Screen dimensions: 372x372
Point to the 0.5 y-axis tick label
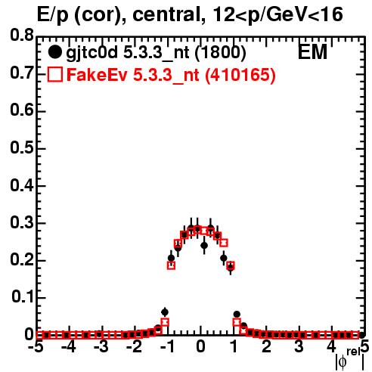22,147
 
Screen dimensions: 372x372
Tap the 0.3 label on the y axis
22,222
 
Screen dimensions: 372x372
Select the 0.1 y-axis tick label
23,297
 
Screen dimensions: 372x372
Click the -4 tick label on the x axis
68,347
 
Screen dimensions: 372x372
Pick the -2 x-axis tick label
135,347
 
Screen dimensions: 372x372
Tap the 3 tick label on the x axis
299,347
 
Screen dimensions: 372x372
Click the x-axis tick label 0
200,347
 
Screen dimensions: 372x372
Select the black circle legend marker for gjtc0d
54,52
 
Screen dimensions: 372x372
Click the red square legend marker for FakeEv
54,75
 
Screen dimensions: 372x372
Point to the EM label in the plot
312,52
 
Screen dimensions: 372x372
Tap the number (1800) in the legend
220,53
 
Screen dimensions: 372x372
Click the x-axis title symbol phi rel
350,359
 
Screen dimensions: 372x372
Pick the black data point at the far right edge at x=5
362,335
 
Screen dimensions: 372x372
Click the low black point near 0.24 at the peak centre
204,245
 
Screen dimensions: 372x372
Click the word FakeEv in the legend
97,75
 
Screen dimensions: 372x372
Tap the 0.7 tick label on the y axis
22,73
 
